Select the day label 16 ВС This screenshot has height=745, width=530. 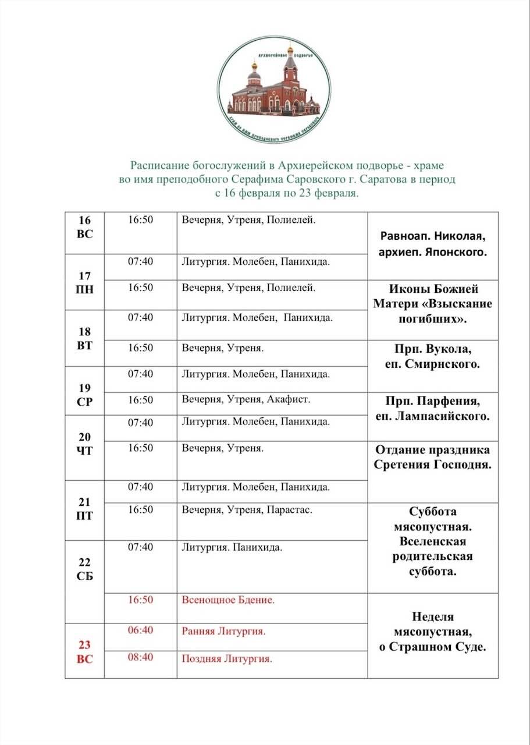84,227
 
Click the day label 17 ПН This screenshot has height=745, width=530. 84,282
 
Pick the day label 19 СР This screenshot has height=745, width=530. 84,395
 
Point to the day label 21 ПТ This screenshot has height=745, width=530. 84,508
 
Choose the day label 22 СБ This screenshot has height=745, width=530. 84,569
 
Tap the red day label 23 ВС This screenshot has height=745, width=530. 84,652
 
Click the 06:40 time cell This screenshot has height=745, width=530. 140,631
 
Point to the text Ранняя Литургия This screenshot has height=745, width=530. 223,631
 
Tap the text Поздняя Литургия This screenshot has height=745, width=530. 227,659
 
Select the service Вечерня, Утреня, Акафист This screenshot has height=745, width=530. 246,400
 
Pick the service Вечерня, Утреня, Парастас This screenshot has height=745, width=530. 247,510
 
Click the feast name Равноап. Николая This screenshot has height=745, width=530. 433,237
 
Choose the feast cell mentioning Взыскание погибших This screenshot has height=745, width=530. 433,304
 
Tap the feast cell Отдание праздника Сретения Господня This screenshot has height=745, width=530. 433,457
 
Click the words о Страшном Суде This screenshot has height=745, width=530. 433,647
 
